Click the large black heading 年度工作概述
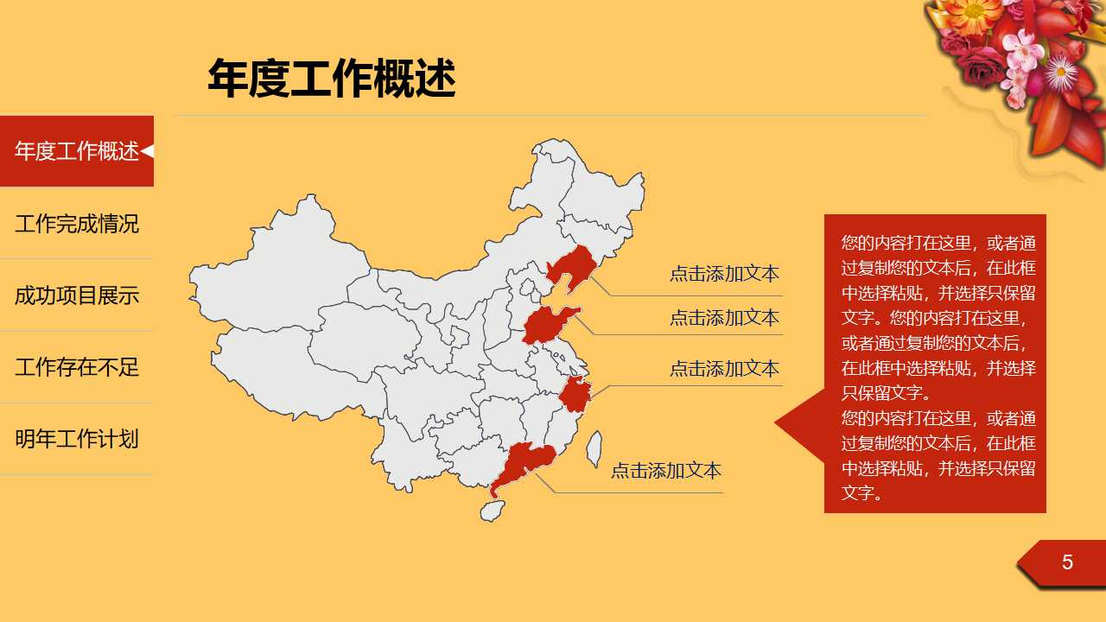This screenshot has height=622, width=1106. pos(331,79)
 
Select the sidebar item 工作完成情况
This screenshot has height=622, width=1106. pos(77,224)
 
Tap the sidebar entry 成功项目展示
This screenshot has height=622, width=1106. pos(77,295)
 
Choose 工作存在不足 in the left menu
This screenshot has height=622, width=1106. pos(77,367)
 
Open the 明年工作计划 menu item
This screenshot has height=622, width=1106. pos(77,439)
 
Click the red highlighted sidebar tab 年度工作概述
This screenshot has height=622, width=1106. pos(76,151)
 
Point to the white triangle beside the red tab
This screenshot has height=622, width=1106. pos(148,151)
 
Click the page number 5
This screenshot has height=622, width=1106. pos(1067,562)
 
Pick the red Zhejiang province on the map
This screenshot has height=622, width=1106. pos(574,395)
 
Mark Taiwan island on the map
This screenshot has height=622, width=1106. pos(594,449)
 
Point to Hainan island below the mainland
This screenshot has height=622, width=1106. pos(492,511)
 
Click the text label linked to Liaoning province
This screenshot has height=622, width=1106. pos(724,274)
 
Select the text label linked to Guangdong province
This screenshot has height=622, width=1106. pos(665,471)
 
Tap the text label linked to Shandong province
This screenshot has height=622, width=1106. pos(724,317)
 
